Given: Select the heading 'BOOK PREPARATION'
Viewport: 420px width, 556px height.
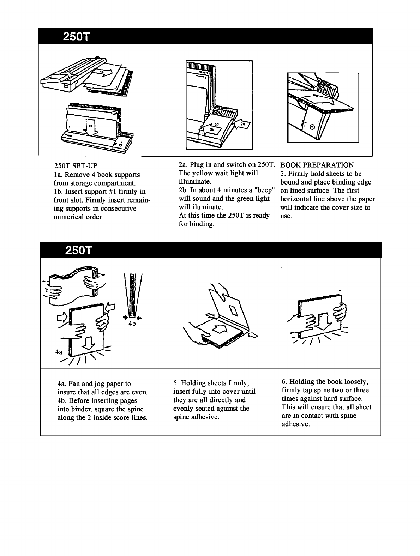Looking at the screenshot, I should coord(317,165).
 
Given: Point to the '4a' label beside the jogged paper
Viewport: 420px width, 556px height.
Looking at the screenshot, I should coord(59,352).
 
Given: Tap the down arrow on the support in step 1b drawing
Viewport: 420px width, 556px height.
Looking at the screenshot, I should coord(91,129).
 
